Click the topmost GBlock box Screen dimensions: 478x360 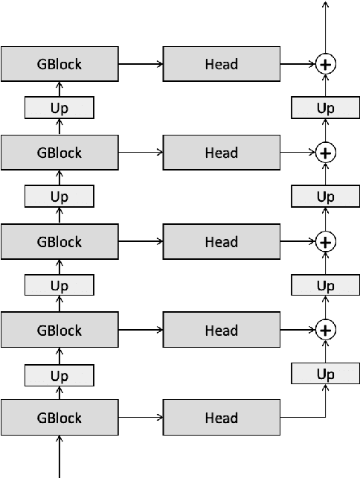[60, 64]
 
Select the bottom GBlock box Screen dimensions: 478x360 [60, 418]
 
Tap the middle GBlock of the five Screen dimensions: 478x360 [60, 242]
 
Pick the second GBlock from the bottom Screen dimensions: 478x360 [60, 330]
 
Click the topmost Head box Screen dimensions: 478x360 [222, 64]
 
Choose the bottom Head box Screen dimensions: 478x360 [222, 418]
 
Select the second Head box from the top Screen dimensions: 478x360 [222, 153]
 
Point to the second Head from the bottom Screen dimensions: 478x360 [222, 330]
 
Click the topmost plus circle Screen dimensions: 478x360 [325, 65]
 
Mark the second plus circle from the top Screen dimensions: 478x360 [325, 153]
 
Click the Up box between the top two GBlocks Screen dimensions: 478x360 [60, 108]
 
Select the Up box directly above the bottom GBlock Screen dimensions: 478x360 [60, 375]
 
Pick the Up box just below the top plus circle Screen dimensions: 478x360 [325, 108]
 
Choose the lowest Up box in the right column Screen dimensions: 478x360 [325, 373]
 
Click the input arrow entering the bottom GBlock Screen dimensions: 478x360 [60, 457]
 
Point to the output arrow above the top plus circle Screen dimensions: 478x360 [325, 26]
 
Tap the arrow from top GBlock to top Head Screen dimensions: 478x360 [141, 64]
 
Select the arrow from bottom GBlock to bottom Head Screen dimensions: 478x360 [141, 418]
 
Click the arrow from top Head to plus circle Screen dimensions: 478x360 [298, 65]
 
